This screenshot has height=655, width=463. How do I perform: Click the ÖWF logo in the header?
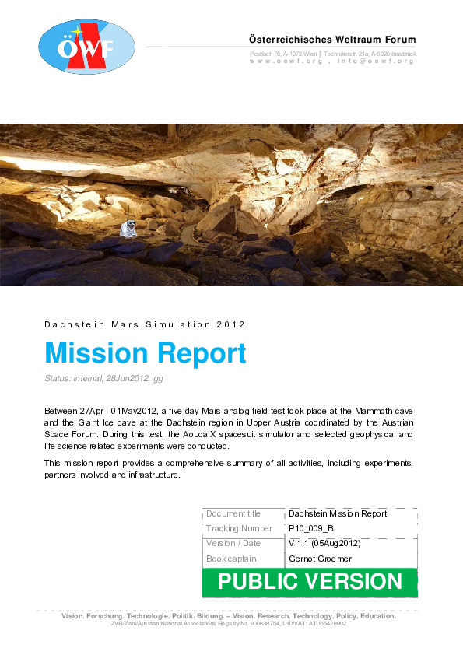pyautogui.click(x=86, y=47)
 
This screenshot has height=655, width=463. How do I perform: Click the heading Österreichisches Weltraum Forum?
pyautogui.click(x=332, y=40)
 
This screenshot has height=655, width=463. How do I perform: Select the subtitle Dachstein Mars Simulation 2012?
pyautogui.click(x=146, y=324)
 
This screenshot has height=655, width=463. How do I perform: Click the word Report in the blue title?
pyautogui.click(x=202, y=353)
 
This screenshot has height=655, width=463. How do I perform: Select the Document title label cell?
pyautogui.click(x=233, y=514)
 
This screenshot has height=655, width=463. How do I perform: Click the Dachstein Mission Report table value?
pyautogui.click(x=337, y=514)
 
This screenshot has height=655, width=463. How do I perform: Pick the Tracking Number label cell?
pyautogui.click(x=240, y=529)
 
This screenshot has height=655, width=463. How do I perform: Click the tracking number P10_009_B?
pyautogui.click(x=311, y=529)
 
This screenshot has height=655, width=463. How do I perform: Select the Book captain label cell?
pyautogui.click(x=231, y=559)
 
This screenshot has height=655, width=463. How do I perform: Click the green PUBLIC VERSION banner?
pyautogui.click(x=310, y=582)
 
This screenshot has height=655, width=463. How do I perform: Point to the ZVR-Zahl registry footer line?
pyautogui.click(x=228, y=624)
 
